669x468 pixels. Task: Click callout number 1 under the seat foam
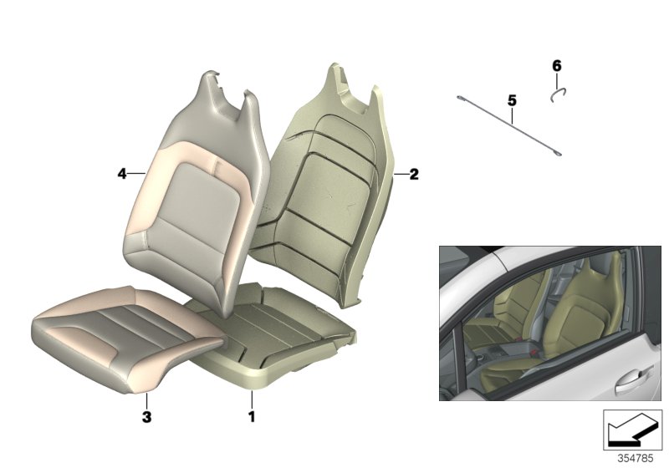tap(248, 415)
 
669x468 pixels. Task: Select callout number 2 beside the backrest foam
tap(414, 175)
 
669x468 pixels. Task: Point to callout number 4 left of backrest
tap(121, 174)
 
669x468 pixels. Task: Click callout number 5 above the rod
tap(512, 100)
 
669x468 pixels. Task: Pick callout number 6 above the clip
tap(557, 64)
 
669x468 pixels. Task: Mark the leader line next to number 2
tap(401, 175)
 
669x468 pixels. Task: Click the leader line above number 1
tap(248, 398)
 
